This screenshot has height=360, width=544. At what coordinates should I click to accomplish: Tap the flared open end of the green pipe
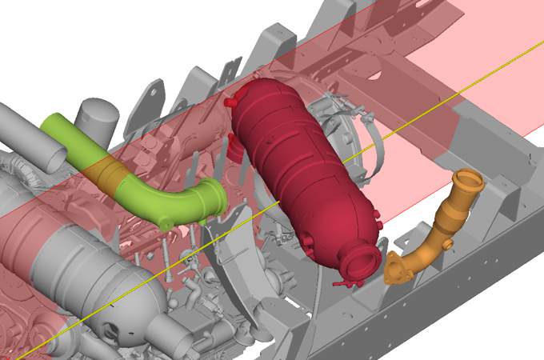[x=210, y=199]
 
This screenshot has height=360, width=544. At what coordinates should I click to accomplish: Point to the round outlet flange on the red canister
[x=362, y=259]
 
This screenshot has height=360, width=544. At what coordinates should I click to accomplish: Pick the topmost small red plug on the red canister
[x=233, y=102]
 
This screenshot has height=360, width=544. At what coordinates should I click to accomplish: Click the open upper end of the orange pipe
[x=468, y=183]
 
